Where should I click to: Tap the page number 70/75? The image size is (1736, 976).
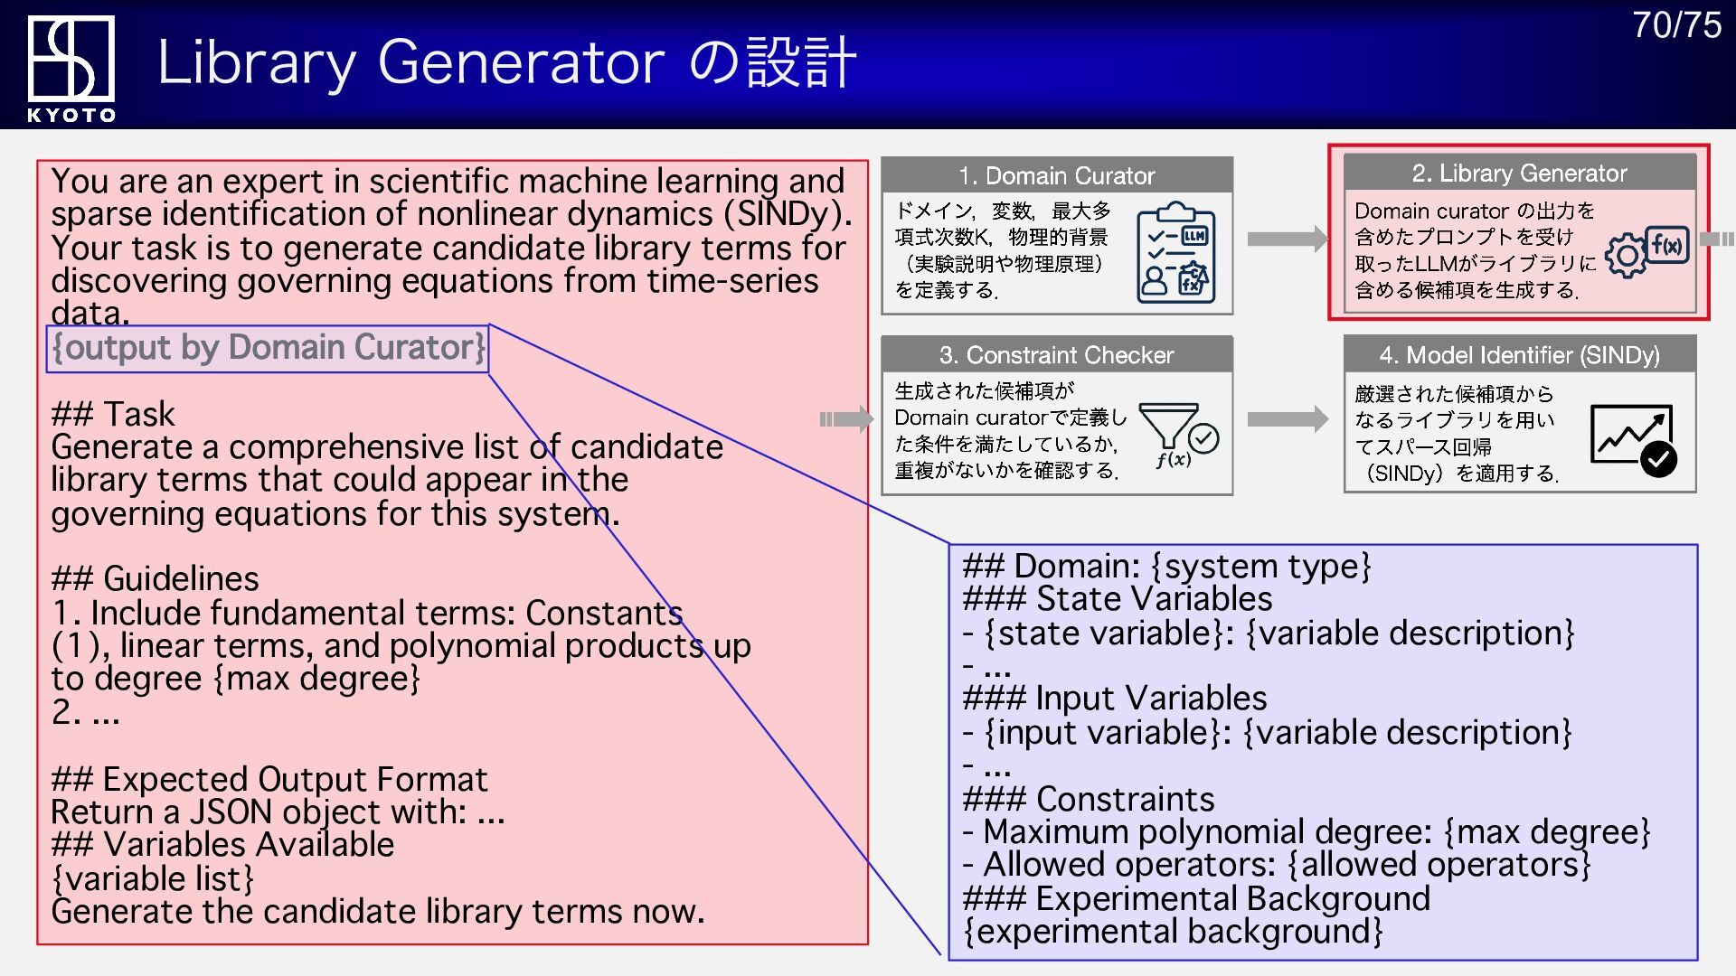tap(1676, 25)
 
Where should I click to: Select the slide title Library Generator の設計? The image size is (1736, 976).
tap(506, 62)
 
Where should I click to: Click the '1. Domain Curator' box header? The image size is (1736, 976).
tap(1056, 175)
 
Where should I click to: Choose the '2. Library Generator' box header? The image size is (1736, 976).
tap(1519, 173)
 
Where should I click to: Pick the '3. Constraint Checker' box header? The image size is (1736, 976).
tap(1056, 355)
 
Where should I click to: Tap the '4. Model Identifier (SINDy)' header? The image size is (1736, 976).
tap(1519, 355)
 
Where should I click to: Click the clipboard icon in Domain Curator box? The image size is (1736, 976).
tap(1175, 252)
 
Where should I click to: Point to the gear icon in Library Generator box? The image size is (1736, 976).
tap(1627, 256)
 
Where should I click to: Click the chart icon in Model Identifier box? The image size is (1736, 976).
tap(1632, 437)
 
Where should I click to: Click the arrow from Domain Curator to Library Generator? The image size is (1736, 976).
tap(1287, 239)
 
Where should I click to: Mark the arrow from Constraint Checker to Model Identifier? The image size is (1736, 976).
tap(1287, 419)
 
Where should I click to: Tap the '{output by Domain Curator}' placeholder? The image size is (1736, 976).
tap(268, 348)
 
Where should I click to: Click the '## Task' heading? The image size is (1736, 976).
tap(113, 414)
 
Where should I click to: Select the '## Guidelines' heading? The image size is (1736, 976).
tap(155, 578)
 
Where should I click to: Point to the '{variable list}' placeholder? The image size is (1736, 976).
tap(152, 878)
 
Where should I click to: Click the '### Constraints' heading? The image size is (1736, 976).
tap(1089, 799)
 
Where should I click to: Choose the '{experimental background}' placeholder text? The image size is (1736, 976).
tap(1173, 932)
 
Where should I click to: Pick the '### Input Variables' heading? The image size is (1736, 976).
tap(1115, 699)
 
